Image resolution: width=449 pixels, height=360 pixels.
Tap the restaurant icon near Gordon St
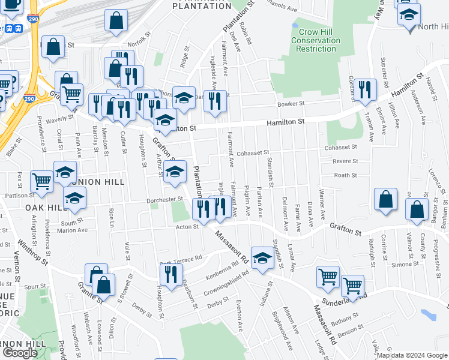coord(364,90)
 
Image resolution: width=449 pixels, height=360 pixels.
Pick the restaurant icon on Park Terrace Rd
coord(170,274)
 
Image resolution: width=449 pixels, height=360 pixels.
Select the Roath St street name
coord(345,175)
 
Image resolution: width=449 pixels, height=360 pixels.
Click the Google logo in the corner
coord(20,353)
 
